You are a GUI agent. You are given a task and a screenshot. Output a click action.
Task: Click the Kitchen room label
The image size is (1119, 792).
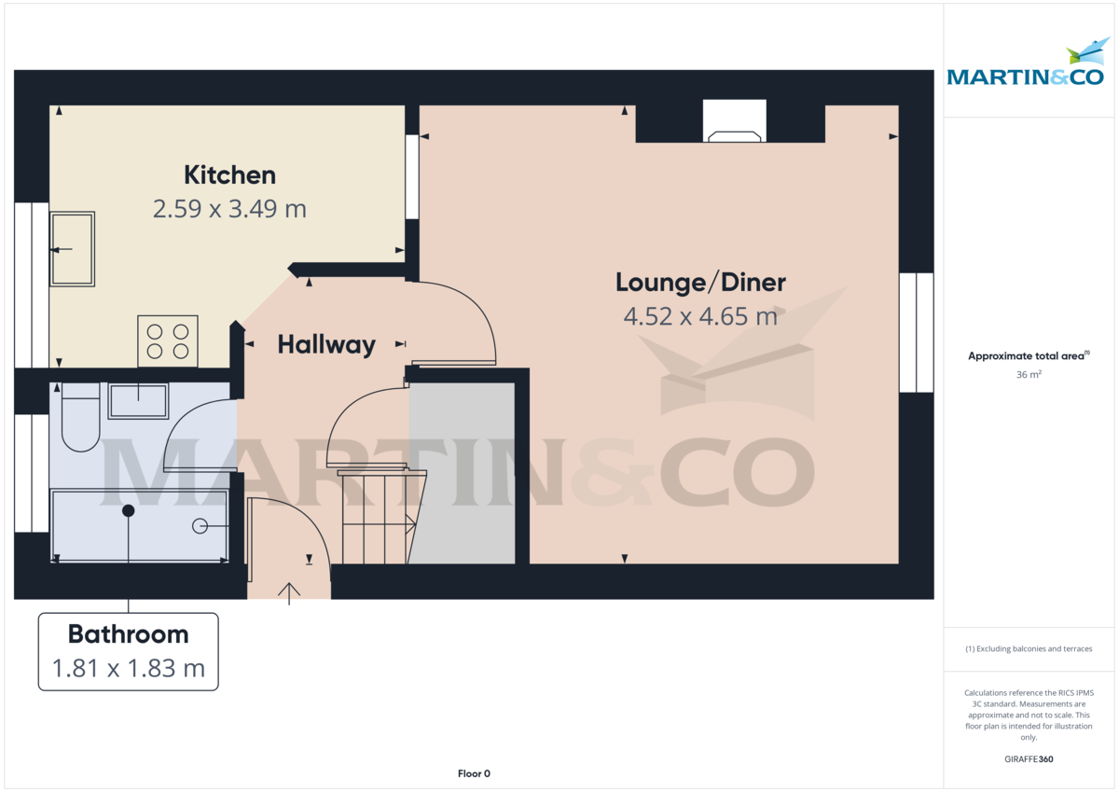(229, 174)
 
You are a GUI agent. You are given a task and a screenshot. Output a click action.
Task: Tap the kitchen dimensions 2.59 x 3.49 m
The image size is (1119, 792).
(229, 208)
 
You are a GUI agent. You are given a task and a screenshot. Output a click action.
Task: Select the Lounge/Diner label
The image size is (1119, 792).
(700, 282)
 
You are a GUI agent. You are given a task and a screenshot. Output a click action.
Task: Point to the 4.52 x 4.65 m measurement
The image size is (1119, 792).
(700, 316)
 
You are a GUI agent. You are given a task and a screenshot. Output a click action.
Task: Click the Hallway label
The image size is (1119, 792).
(326, 344)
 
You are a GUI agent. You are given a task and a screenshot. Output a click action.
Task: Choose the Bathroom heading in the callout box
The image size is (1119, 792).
(128, 634)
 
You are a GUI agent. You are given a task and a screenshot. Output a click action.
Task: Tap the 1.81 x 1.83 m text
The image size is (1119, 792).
(128, 668)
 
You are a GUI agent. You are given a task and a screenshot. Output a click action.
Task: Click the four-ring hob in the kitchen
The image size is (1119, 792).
(168, 340)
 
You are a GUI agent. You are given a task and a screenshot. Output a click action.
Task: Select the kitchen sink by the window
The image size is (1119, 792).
(72, 249)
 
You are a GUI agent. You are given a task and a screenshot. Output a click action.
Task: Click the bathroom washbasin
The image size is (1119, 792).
(138, 401)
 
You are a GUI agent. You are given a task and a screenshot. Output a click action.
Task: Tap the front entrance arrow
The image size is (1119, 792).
(289, 592)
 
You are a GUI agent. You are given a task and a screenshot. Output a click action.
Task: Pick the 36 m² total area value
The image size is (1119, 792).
(1029, 374)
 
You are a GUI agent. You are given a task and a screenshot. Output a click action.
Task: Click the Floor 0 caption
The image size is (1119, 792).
(474, 773)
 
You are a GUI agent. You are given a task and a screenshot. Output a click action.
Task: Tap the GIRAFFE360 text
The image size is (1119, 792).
(1029, 759)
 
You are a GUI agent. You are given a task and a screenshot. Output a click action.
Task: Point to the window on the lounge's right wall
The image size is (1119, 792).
(916, 332)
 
